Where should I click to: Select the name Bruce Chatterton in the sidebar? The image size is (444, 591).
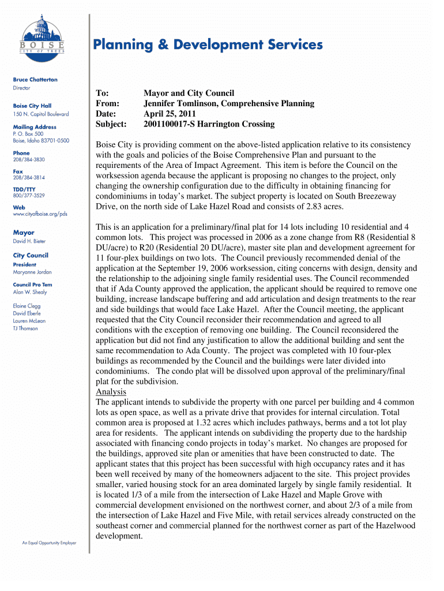(x=35, y=80)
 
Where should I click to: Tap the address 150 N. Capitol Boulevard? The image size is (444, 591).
(x=41, y=114)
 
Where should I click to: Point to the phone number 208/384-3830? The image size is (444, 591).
(x=29, y=159)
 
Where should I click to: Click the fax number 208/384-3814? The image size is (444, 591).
(x=29, y=178)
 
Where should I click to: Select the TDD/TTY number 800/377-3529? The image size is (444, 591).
(x=29, y=196)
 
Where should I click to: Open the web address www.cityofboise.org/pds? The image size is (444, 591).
(x=40, y=214)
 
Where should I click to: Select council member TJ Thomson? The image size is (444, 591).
(x=25, y=328)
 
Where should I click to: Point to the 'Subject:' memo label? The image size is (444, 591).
(x=111, y=124)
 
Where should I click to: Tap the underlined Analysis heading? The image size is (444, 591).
(x=111, y=391)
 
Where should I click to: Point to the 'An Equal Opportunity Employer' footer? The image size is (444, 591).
(x=49, y=543)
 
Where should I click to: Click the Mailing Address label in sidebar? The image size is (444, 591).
(x=35, y=127)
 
